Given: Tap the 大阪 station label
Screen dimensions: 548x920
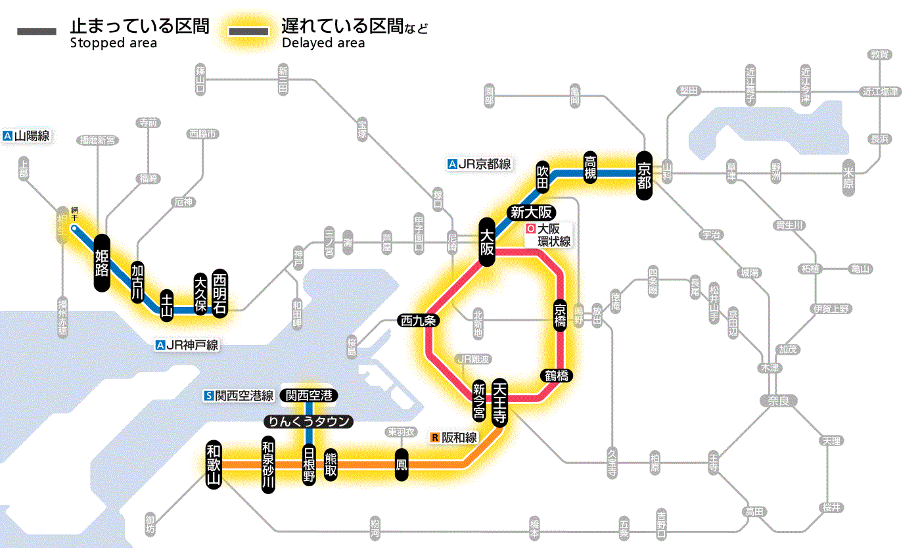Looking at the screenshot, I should pos(487,242).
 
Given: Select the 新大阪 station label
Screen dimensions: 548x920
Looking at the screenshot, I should pos(532,212).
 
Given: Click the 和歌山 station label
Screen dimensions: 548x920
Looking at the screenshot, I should pos(214,463).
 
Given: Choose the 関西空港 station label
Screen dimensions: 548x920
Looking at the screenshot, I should pos(309,396).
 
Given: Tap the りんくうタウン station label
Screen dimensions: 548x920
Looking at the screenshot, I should pos(309,422).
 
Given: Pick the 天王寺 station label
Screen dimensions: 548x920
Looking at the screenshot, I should pos(499,402).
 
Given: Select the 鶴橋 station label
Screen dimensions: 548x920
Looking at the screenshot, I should pos(557,376).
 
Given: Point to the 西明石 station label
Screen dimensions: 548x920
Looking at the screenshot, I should pos(219,293).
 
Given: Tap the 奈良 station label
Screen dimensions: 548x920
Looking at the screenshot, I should pos(778,400).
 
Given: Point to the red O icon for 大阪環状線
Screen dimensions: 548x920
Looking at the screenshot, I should pos(530,229).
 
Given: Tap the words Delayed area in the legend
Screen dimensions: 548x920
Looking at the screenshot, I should pos(323,43).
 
